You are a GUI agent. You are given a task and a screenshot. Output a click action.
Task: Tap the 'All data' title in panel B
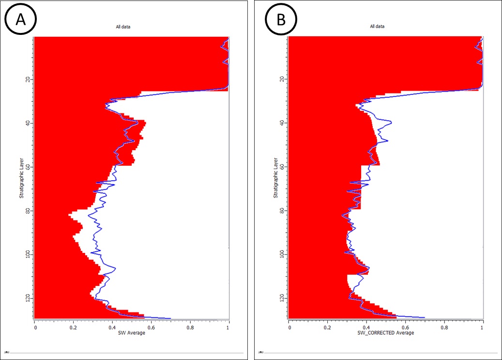tap(377, 27)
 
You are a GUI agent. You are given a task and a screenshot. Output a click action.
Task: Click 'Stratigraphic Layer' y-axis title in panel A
tap(21, 178)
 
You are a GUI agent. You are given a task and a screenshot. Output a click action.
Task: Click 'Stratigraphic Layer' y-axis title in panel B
tap(275, 178)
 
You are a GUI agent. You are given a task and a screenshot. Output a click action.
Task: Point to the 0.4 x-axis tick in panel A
tap(112, 326)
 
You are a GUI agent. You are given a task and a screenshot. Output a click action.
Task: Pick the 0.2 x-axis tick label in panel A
tap(73, 326)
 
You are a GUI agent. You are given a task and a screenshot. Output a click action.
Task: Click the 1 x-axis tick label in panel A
tap(228, 326)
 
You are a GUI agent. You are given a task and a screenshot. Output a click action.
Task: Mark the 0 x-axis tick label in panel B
tap(289, 326)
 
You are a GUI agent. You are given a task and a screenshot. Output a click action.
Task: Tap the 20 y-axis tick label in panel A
tap(28, 79)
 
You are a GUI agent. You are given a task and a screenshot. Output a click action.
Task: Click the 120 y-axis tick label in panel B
tap(282, 297)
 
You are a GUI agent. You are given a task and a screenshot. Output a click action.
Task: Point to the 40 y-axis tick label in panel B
tap(282, 123)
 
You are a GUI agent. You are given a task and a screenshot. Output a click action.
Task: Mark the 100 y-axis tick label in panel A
tap(28, 254)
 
